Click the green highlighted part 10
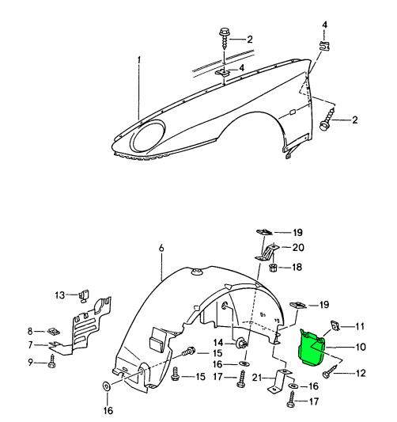(312, 348)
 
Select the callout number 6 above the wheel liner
(161, 248)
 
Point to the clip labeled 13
(85, 295)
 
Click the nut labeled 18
(273, 268)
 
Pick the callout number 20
(298, 247)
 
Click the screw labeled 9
(51, 361)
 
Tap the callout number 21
(257, 378)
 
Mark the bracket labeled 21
(279, 380)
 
